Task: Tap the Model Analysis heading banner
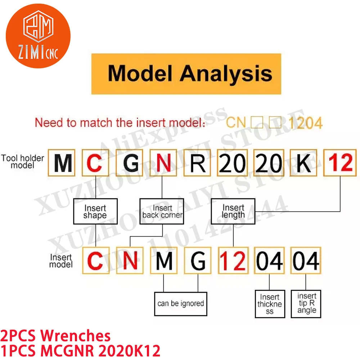186,74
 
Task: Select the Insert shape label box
95,212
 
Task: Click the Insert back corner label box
162,212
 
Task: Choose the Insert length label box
233,212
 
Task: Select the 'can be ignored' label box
180,303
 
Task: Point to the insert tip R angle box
306,303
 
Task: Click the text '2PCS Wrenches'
56,336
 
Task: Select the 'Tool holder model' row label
23,162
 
